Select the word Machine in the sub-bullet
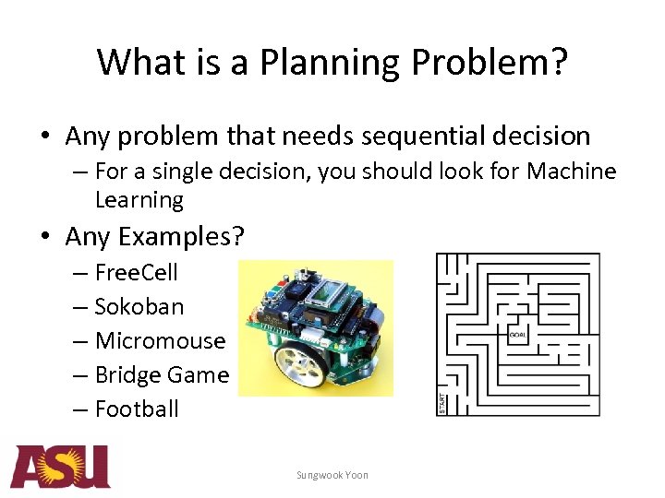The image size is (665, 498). coord(571,172)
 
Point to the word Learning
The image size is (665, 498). coord(139,199)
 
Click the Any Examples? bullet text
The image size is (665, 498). coord(154,237)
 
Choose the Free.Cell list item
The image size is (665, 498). coord(136,272)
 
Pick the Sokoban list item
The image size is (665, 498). coord(139,306)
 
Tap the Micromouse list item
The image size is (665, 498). coord(159,340)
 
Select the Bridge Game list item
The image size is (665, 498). coord(161,374)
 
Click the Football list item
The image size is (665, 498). coord(136,409)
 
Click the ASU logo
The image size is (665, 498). coord(60,467)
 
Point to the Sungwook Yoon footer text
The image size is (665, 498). coord(332,475)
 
